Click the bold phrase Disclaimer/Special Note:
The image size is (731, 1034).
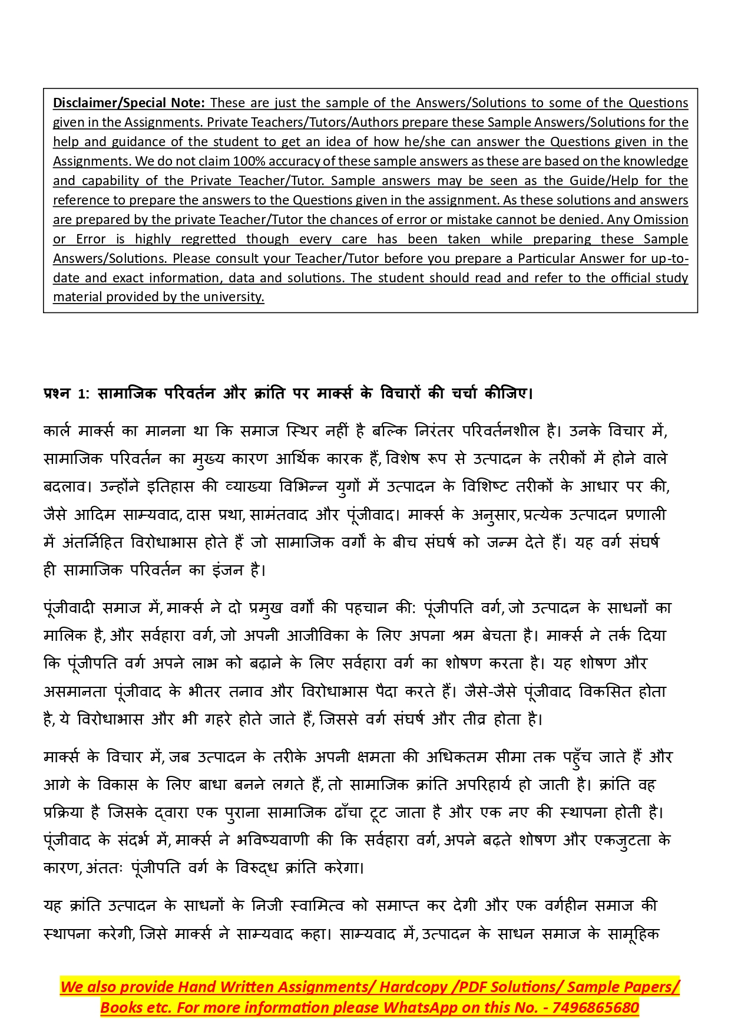coord(129,103)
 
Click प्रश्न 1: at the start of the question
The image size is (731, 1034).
coord(65,393)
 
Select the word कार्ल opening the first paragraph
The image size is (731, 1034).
coord(57,431)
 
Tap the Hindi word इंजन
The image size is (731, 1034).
coord(227,570)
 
